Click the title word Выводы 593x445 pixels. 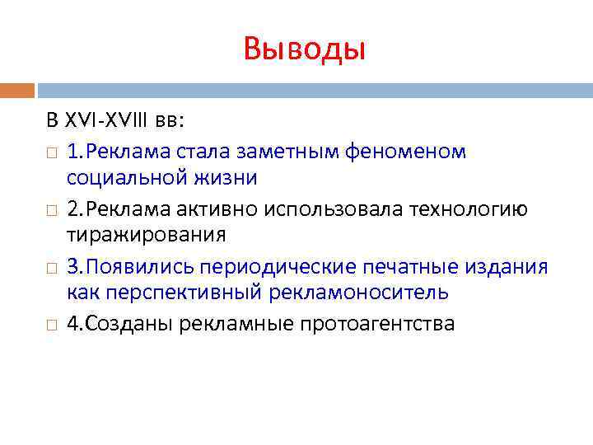304,49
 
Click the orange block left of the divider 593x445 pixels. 17,90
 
